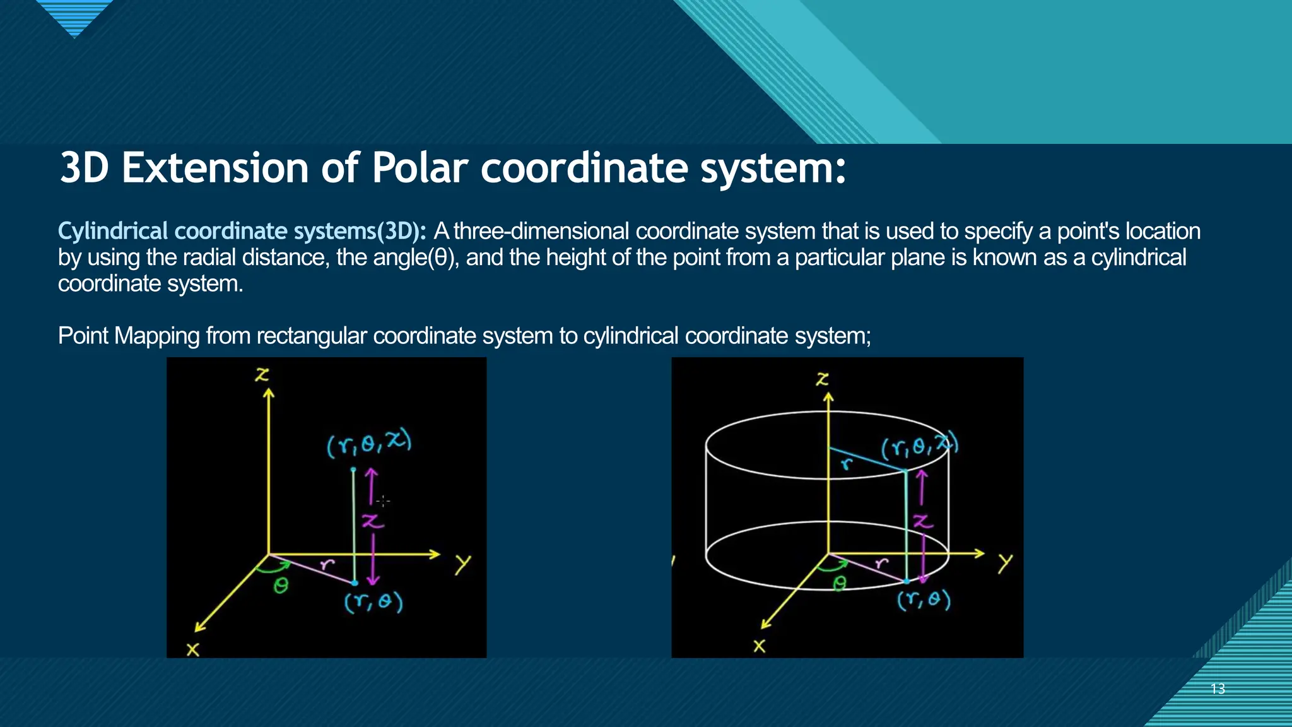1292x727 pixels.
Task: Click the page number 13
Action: point(1218,689)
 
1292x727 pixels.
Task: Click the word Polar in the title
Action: point(420,168)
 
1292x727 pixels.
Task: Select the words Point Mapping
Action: point(129,336)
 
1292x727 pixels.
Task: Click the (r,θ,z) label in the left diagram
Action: point(369,444)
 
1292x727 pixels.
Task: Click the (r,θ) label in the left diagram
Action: point(373,601)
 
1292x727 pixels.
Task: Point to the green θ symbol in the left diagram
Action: point(281,586)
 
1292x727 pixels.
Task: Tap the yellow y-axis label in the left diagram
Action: point(462,564)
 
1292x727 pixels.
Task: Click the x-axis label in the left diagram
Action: point(192,649)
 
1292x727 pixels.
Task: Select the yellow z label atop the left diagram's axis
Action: point(262,375)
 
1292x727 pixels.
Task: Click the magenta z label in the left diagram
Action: point(372,521)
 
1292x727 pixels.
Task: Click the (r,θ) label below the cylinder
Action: point(924,599)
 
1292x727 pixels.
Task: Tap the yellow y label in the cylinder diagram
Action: point(1005,562)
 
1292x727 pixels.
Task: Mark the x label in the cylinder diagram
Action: point(760,646)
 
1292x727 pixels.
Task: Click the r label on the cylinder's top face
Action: point(847,464)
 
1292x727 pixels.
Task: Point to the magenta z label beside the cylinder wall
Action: point(922,521)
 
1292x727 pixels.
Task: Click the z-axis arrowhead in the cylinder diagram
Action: point(828,397)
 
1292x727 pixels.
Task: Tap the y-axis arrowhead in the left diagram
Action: point(435,554)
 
